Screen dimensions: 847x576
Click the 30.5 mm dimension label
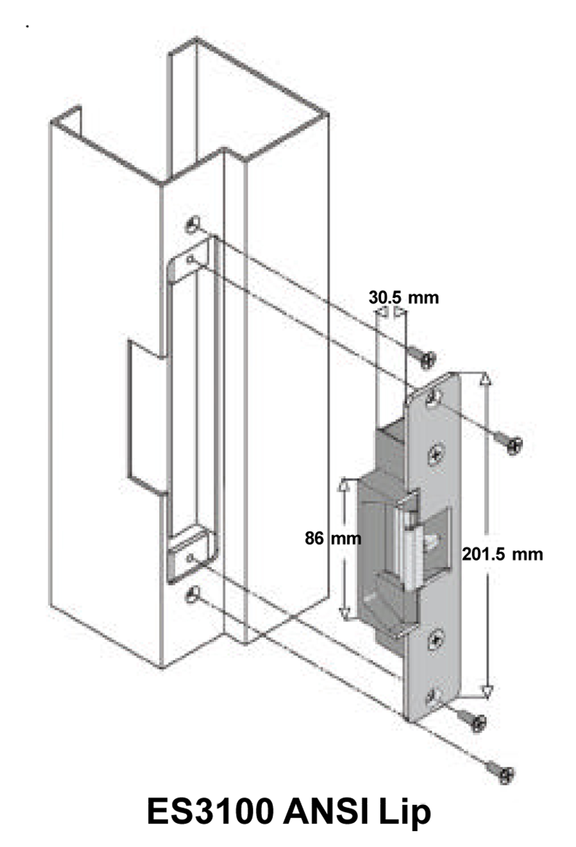(x=403, y=298)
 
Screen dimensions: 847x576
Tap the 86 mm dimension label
(x=332, y=538)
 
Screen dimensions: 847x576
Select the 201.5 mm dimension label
(x=502, y=554)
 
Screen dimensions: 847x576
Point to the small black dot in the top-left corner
(x=27, y=27)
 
